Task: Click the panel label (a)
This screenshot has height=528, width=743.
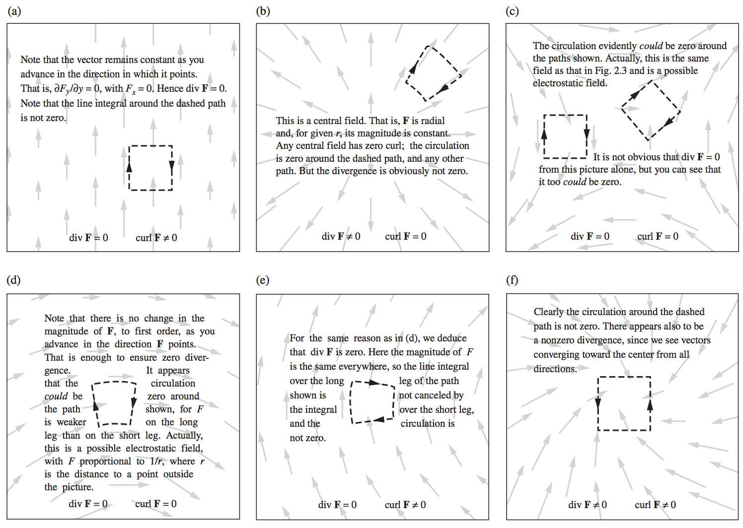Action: [14, 11]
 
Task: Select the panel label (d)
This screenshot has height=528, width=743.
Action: [14, 280]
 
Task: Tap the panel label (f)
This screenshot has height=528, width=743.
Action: [512, 280]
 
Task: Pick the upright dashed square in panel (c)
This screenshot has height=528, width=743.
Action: [565, 115]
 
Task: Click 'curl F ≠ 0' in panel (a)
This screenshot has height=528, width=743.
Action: [156, 238]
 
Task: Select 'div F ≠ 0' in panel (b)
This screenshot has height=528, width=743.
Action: [341, 236]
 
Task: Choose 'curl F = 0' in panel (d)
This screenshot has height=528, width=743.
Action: [155, 504]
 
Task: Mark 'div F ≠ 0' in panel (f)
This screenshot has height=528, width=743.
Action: [587, 505]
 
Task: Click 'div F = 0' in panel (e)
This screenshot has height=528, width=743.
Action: [337, 505]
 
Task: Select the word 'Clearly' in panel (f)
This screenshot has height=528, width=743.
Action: [549, 312]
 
